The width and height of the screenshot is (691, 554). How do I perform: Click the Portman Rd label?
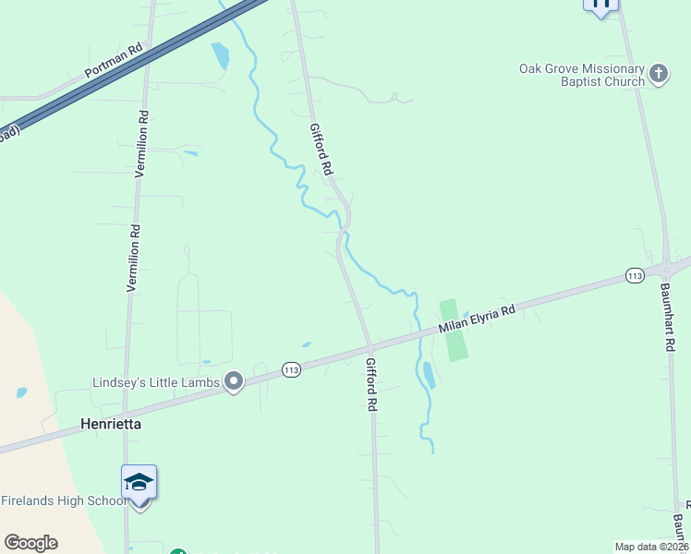(x=112, y=63)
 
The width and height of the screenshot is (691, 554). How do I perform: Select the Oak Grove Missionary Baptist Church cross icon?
(x=659, y=74)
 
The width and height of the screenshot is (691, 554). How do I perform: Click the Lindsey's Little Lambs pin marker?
(x=234, y=382)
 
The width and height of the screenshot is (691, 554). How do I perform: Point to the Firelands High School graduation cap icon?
(x=139, y=483)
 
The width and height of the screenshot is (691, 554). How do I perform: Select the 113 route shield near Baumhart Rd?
(x=634, y=275)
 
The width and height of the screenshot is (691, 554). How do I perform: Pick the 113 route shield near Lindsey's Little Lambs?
(x=292, y=369)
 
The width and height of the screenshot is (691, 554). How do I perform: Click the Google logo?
(x=30, y=543)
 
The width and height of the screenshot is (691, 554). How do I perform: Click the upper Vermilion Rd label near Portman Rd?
(x=144, y=138)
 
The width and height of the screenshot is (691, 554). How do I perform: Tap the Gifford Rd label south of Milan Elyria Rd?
(x=371, y=384)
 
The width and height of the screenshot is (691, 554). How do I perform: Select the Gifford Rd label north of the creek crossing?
(x=321, y=150)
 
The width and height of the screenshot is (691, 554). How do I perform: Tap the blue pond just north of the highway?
(x=220, y=55)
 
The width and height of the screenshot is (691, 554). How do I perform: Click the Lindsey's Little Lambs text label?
(x=156, y=382)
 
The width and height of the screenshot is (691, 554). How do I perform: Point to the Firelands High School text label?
(x=63, y=500)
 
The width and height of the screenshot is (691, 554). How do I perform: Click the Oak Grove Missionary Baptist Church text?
(x=581, y=75)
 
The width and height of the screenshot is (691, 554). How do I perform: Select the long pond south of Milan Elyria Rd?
(x=429, y=375)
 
